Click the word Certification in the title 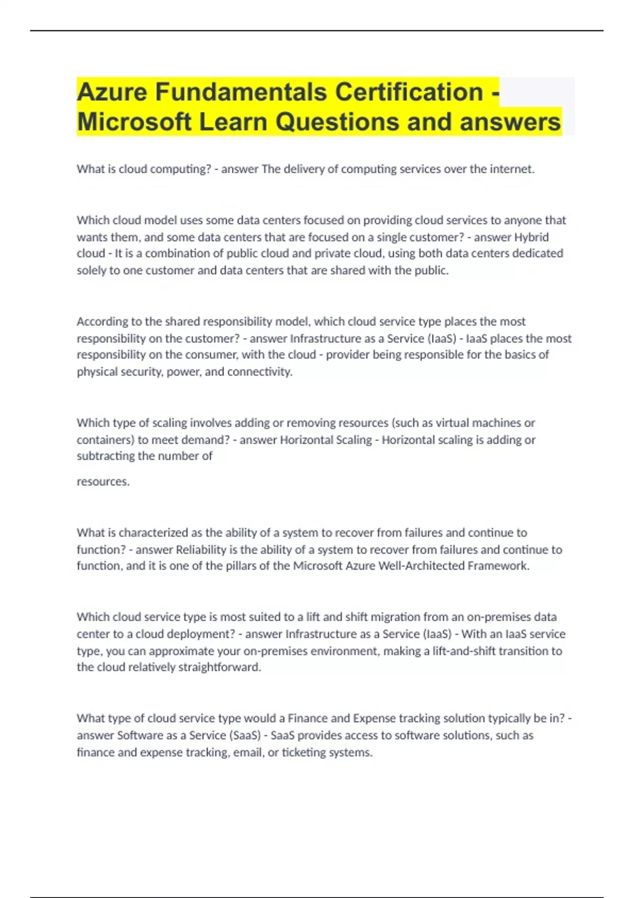click(x=409, y=92)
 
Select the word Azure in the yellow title click(x=112, y=92)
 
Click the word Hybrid click(x=532, y=237)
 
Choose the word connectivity click(x=259, y=372)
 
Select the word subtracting click(x=106, y=456)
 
